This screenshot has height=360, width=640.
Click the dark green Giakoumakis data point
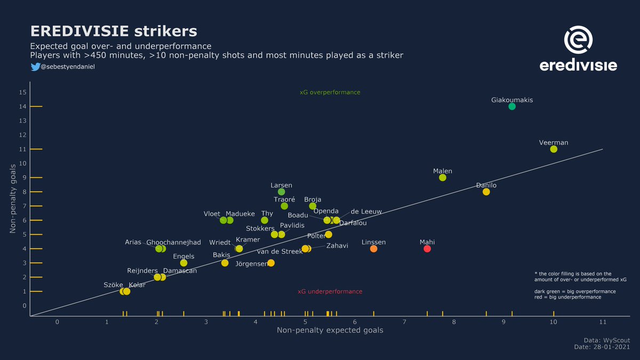512,106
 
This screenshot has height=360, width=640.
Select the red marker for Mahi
427,249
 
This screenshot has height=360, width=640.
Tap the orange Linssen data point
373,249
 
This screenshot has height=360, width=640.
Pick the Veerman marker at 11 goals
554,149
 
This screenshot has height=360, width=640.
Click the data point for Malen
442,178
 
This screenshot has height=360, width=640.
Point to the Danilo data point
486,191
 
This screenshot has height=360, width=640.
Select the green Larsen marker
281,191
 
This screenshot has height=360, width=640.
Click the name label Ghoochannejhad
173,242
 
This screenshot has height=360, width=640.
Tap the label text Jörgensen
251,263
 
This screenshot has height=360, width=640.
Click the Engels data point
183,263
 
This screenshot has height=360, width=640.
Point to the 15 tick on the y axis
22,92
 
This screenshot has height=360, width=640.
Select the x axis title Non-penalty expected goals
330,331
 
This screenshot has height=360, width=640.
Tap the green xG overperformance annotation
330,92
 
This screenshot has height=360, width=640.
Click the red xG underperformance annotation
330,292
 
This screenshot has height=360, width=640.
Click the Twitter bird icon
35,67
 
